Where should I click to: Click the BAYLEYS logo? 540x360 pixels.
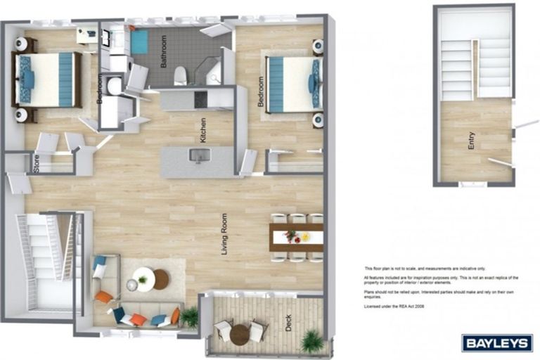pyautogui.click(x=497, y=342)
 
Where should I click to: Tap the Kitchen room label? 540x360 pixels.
pyautogui.click(x=203, y=130)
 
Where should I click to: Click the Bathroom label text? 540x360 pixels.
pyautogui.click(x=163, y=51)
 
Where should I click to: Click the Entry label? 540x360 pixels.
pyautogui.click(x=471, y=142)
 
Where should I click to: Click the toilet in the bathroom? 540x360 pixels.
pyautogui.click(x=180, y=75)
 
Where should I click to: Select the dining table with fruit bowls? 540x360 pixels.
pyautogui.click(x=296, y=237)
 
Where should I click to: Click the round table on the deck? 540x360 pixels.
pyautogui.click(x=240, y=333)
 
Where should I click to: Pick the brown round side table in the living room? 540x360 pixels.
pyautogui.click(x=162, y=279)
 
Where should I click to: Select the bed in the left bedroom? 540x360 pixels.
pyautogui.click(x=46, y=79)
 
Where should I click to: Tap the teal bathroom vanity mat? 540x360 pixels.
pyautogui.click(x=138, y=41)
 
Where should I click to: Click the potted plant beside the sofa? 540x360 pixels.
pyautogui.click(x=188, y=318)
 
